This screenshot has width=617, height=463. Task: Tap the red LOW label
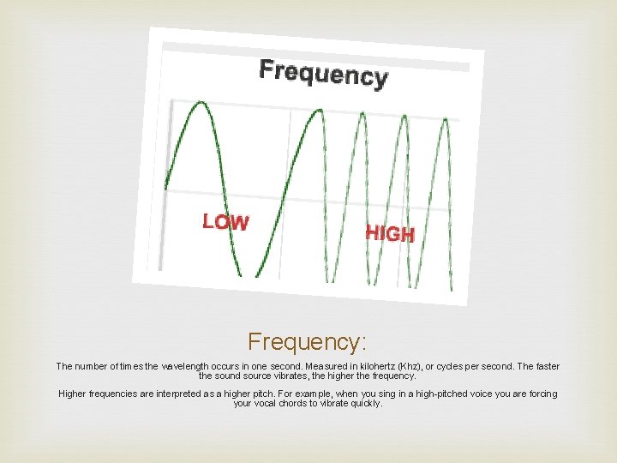225,222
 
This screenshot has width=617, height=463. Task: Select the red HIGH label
390,232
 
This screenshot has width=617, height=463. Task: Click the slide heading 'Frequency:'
308,342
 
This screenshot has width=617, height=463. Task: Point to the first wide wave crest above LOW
202,105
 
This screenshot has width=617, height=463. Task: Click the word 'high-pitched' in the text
407,394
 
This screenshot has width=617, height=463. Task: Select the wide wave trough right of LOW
258,273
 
